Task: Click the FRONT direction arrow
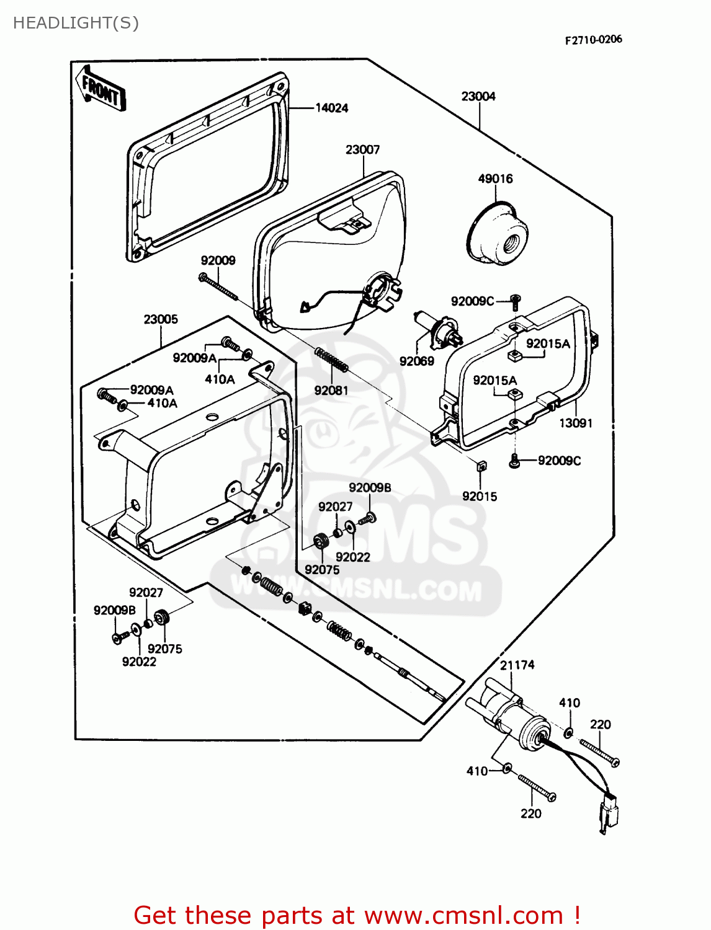100,89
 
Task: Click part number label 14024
332,108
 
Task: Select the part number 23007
362,149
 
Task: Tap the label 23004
478,96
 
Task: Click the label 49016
495,179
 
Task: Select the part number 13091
576,423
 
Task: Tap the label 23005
161,319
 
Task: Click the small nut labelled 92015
480,466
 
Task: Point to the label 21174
517,665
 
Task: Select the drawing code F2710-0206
593,40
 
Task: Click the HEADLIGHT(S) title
76,23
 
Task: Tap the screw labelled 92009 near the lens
218,286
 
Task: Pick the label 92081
331,390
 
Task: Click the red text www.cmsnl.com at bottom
463,915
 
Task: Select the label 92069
416,361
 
